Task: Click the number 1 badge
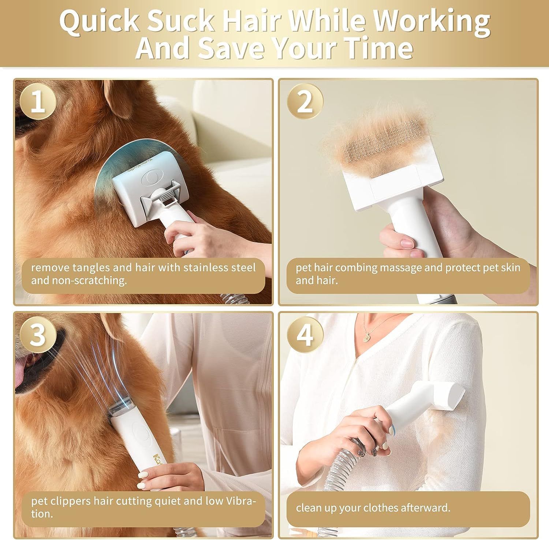[38, 101]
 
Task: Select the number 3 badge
[38, 334]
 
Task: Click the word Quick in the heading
[99, 22]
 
